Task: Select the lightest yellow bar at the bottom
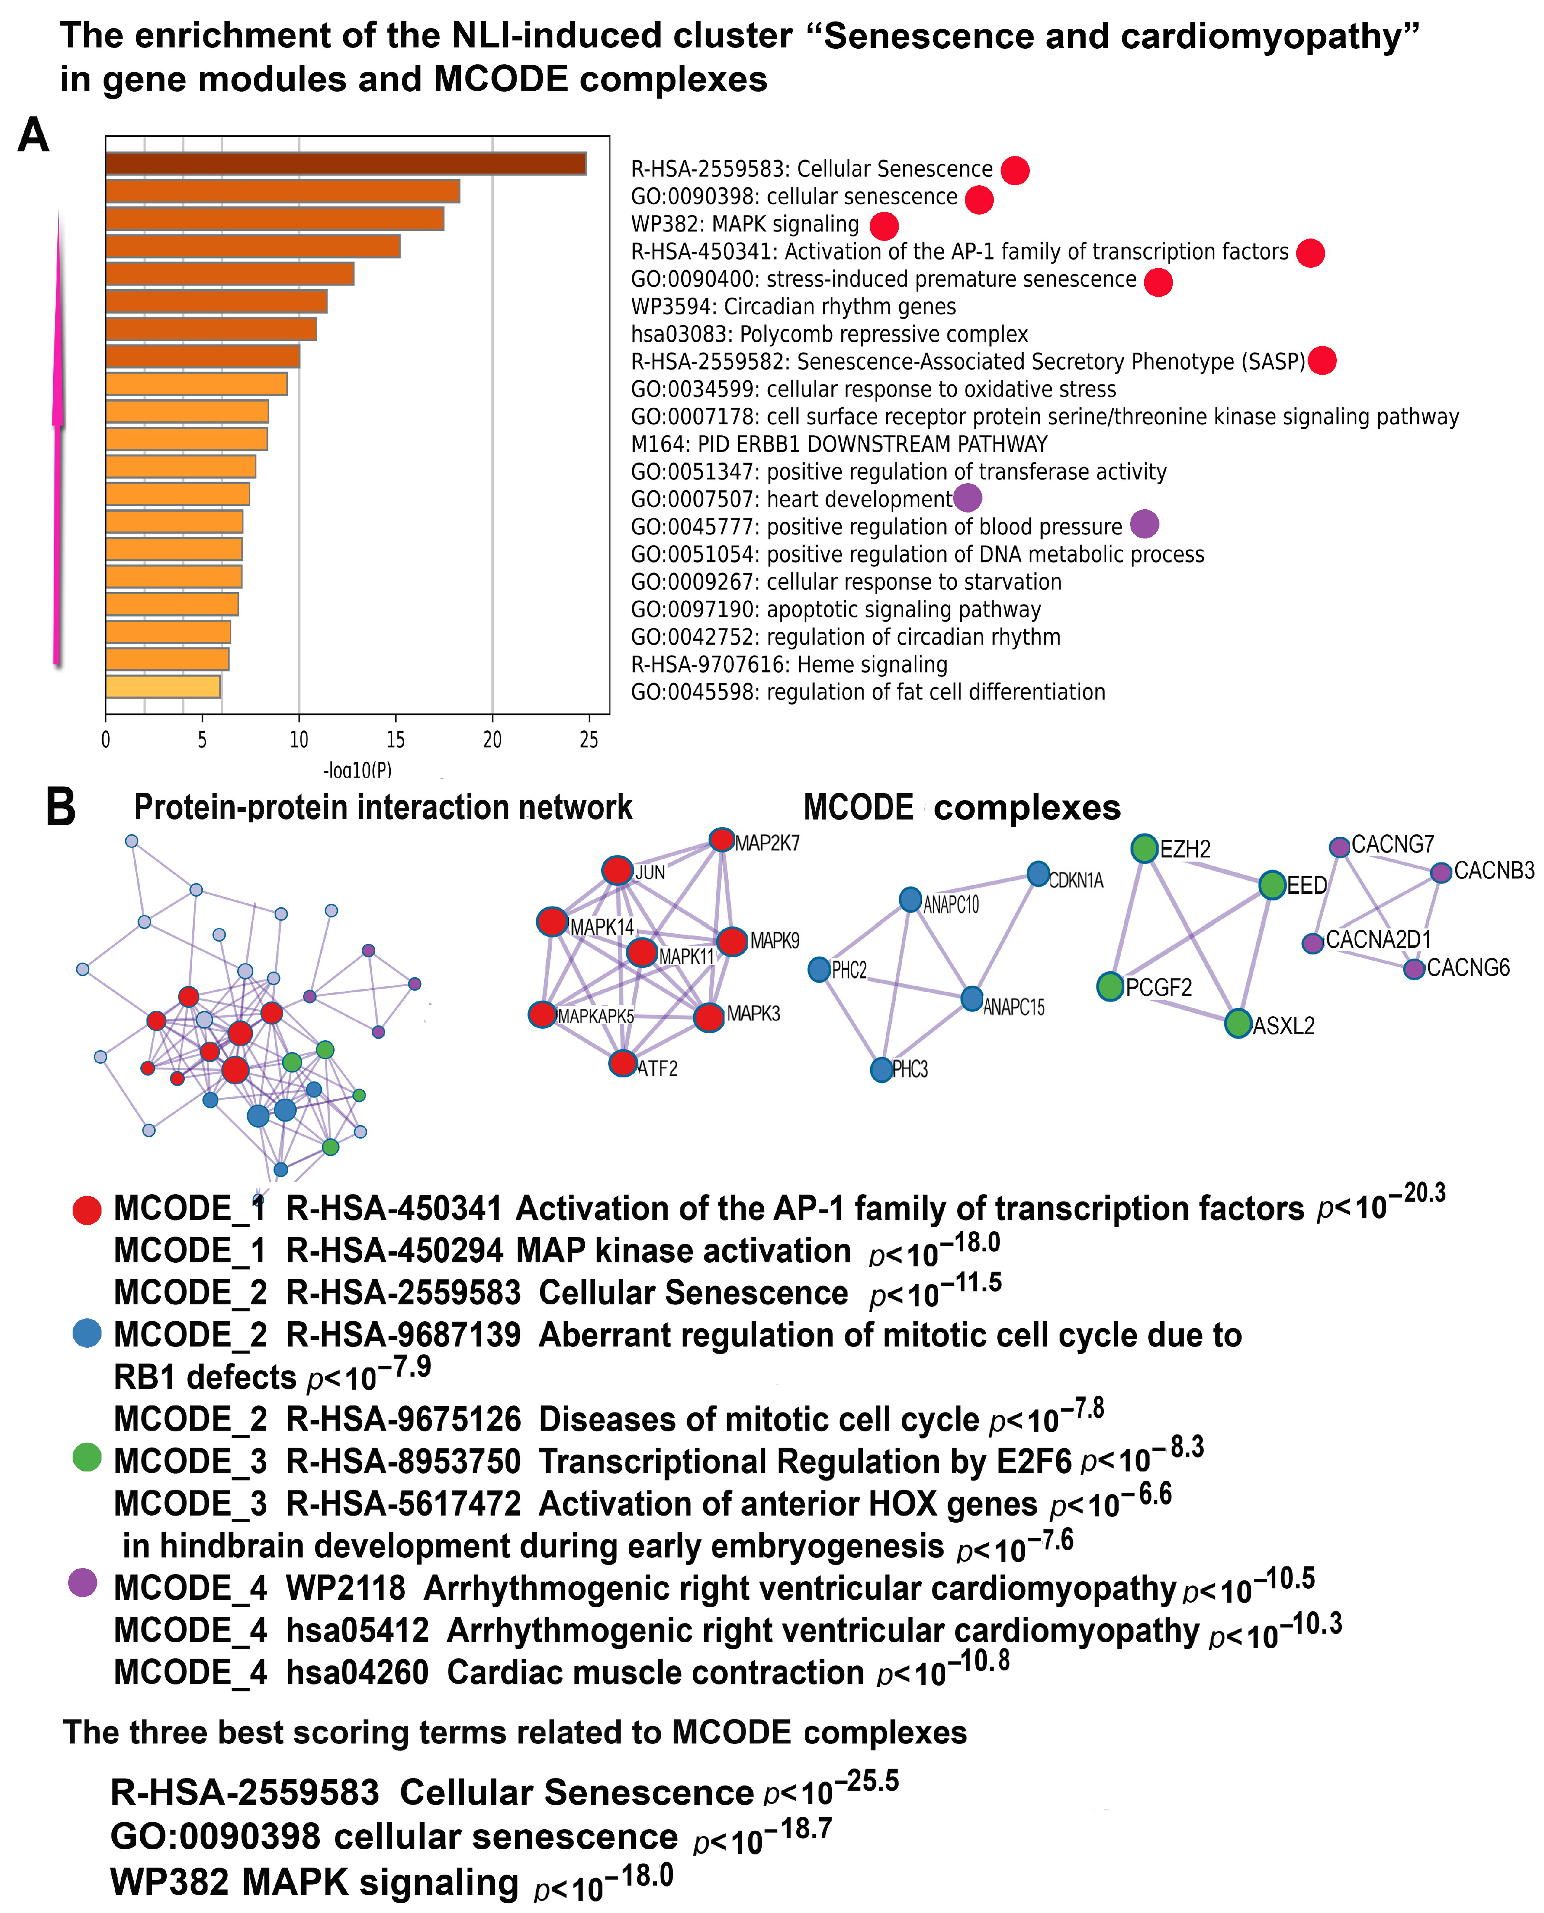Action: [x=163, y=687]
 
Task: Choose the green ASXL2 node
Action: [x=1238, y=1024]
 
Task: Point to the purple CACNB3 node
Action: [x=1441, y=872]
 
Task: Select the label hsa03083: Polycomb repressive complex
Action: [x=829, y=334]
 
